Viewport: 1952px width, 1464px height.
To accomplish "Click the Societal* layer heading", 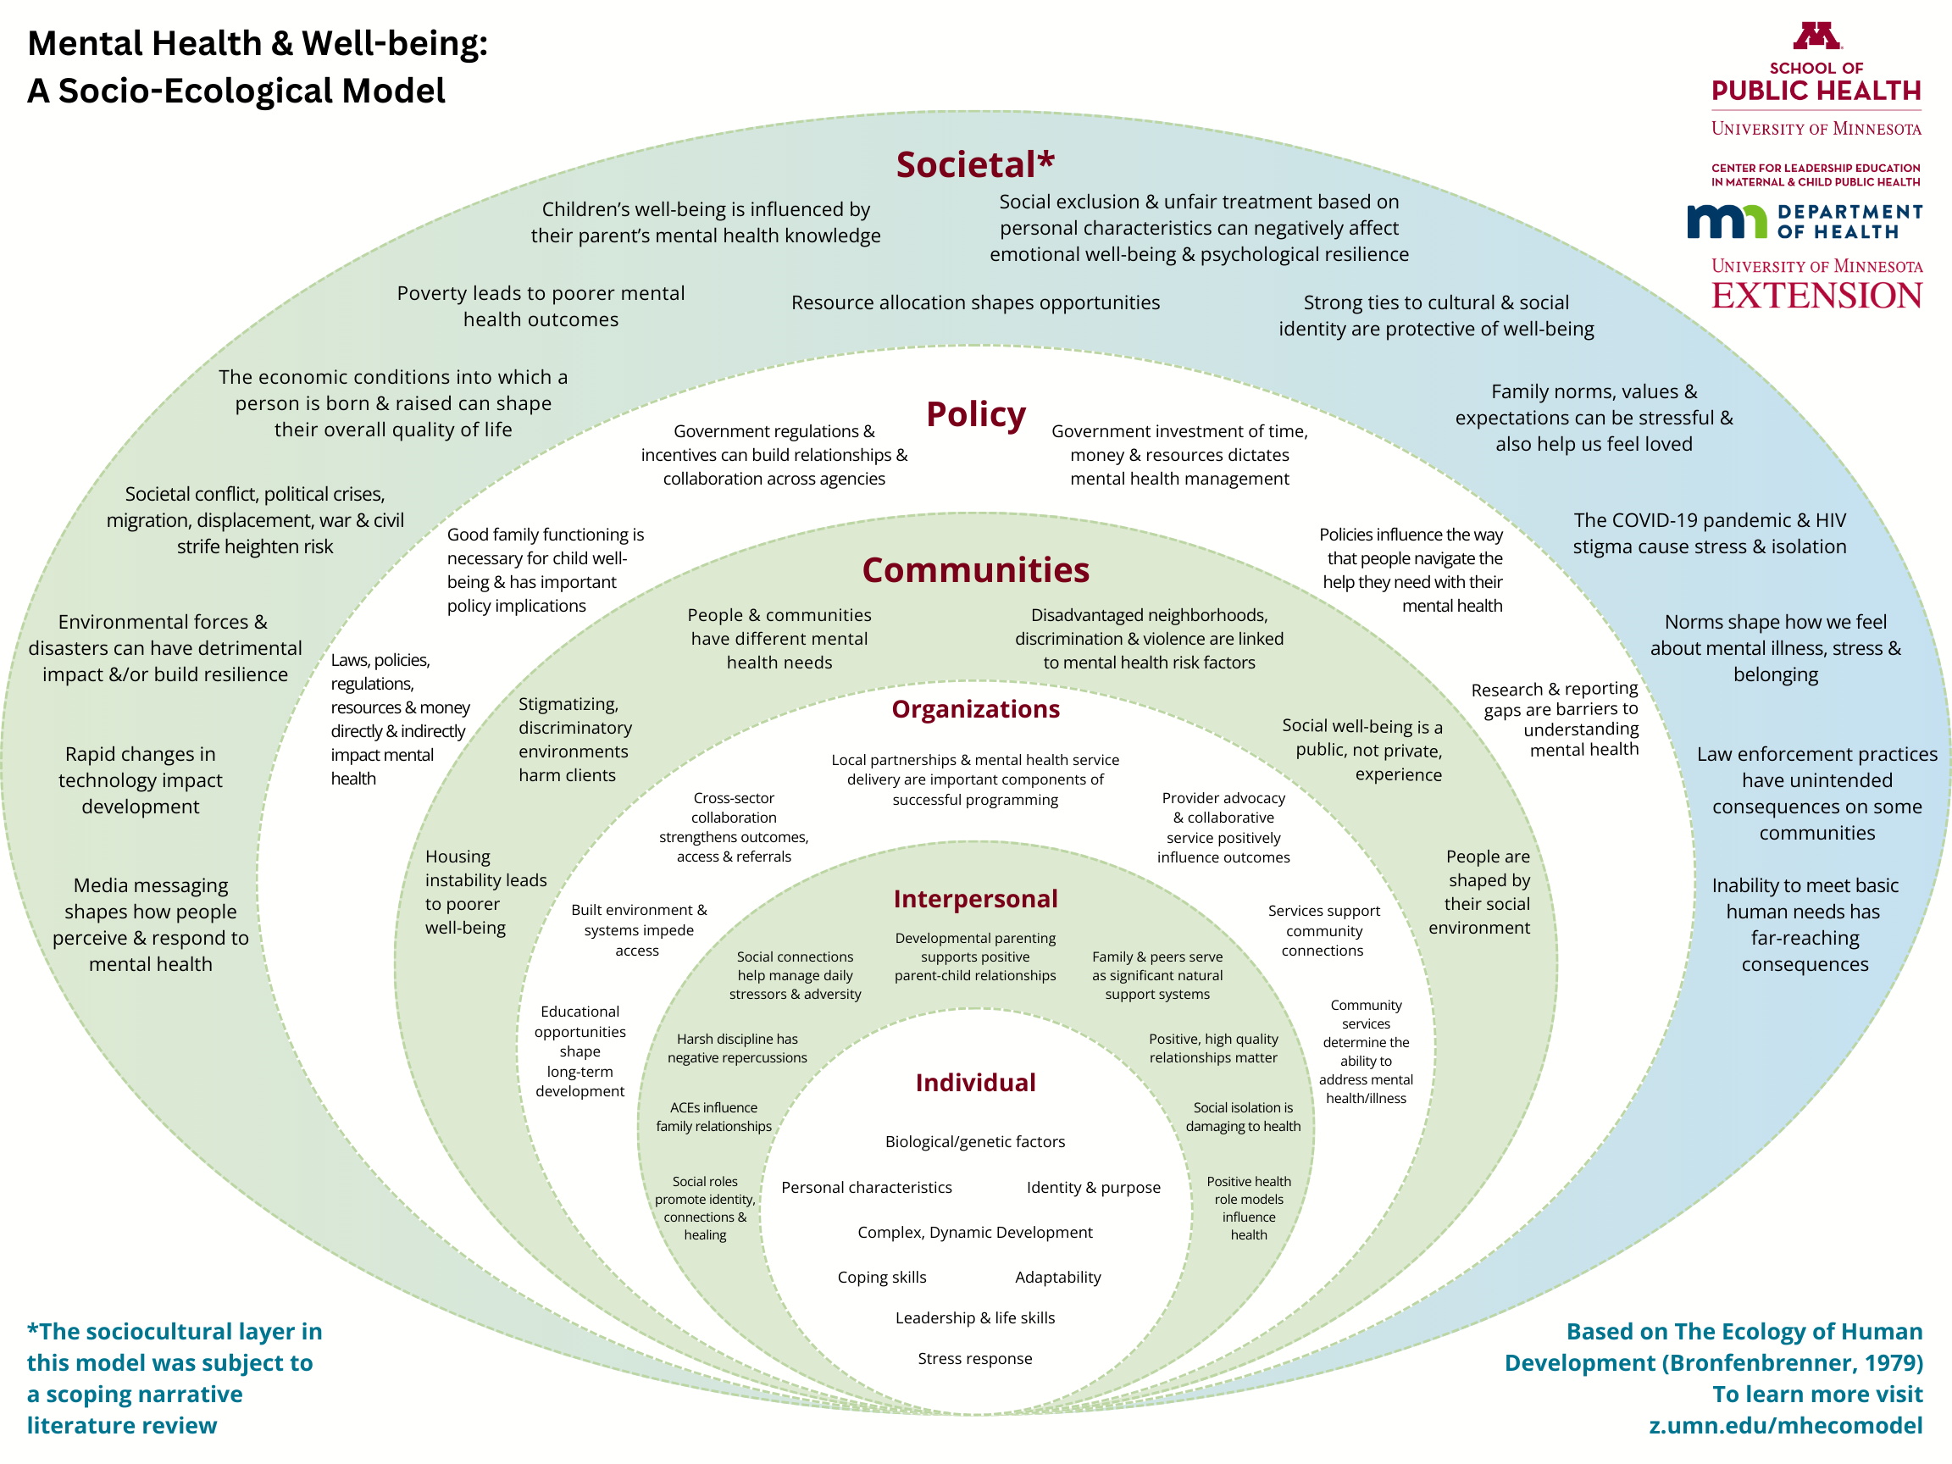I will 975,165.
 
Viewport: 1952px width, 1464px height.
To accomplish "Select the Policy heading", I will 975,414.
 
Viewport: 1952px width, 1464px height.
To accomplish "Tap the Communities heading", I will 975,570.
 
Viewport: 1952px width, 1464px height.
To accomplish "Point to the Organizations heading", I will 975,709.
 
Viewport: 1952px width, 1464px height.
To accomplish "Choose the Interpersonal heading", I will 975,898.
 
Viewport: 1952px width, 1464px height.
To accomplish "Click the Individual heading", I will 975,1083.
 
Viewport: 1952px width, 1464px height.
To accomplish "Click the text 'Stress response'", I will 974,1358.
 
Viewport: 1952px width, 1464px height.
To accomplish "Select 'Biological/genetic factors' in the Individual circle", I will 974,1141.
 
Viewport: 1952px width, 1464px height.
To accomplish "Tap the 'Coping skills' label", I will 882,1277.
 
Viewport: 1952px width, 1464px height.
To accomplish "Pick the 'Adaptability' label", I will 1057,1277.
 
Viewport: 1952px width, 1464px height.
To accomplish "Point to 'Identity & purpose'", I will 1094,1187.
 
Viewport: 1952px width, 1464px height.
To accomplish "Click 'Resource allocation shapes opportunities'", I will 975,302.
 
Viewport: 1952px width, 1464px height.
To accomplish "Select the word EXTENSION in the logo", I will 1816,296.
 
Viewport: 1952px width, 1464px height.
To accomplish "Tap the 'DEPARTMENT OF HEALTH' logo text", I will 1849,221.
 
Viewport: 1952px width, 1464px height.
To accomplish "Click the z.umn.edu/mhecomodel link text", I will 1785,1425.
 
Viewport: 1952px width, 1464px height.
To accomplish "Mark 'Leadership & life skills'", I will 974,1317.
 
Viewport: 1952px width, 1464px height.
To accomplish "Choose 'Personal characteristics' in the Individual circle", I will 866,1187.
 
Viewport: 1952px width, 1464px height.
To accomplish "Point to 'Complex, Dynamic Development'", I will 974,1232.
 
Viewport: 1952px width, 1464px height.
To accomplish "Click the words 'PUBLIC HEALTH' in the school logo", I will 1816,91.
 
